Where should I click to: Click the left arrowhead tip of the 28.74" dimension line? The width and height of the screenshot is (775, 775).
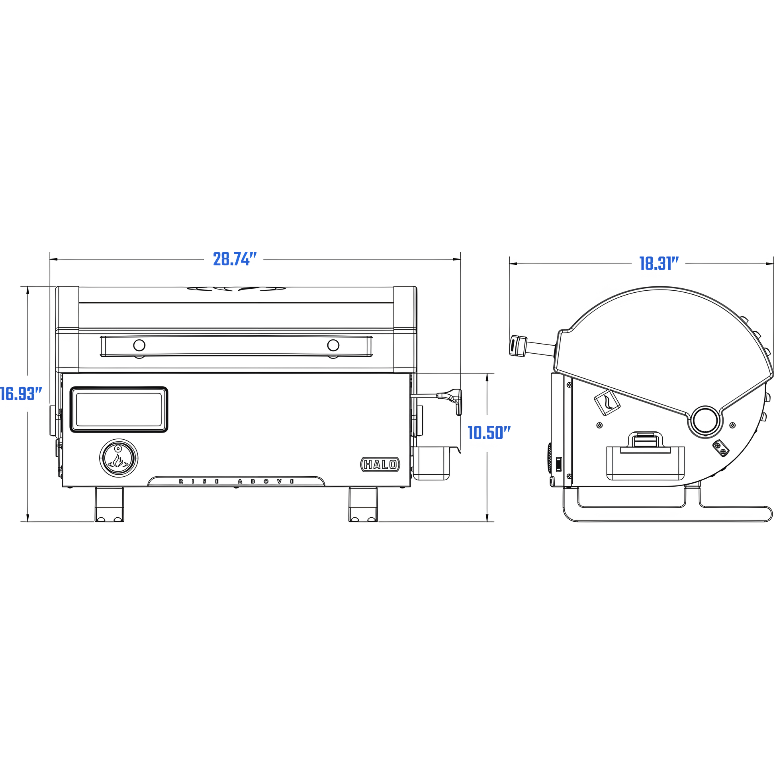pos(50,260)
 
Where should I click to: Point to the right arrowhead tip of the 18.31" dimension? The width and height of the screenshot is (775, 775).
pos(773,264)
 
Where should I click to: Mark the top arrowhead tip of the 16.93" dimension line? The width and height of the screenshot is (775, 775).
pos(28,287)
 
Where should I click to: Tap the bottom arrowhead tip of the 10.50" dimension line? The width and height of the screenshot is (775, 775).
pos(487,521)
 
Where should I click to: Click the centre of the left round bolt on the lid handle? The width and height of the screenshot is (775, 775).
pos(139,345)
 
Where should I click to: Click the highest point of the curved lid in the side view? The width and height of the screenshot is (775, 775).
pos(660,287)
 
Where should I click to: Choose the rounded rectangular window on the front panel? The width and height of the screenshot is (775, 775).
pos(119,409)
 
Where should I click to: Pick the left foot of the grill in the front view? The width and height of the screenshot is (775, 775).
pos(109,504)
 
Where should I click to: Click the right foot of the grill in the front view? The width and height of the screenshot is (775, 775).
pos(363,504)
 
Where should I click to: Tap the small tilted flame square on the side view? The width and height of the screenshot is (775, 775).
pos(607,402)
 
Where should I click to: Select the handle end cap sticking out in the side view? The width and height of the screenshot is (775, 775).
pos(517,346)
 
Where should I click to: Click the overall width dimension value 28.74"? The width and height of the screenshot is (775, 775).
pos(235,259)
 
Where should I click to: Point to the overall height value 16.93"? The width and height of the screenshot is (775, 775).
pos(21,393)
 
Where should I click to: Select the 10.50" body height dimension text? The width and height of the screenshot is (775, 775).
pos(489,433)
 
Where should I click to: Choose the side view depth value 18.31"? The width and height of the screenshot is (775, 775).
pos(659,264)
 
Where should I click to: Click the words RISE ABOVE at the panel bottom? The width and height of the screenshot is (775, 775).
pos(237,481)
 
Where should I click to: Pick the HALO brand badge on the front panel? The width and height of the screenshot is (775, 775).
pos(380,464)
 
